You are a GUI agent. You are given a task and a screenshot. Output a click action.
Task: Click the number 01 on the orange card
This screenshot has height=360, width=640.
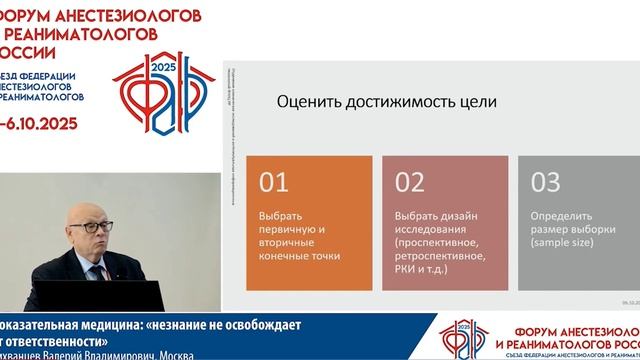click(273, 182)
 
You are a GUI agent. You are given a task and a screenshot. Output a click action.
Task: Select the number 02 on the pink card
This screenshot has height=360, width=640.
click(410, 182)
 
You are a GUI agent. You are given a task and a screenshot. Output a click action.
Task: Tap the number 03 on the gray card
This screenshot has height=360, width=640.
click(546, 182)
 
